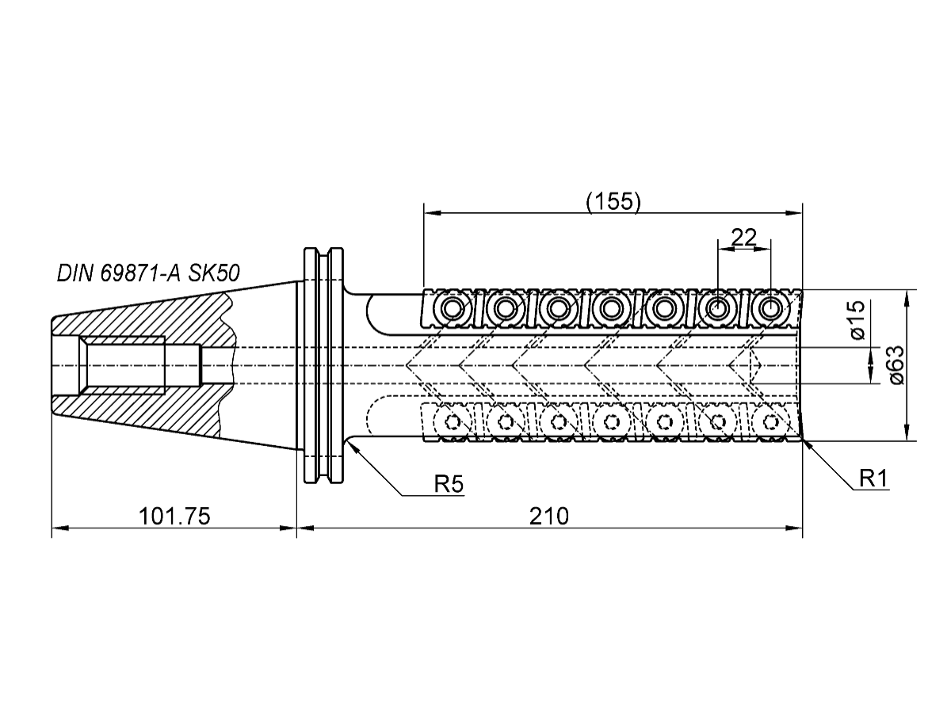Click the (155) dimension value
(x=613, y=201)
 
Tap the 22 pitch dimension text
(x=743, y=237)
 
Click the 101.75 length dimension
(x=174, y=517)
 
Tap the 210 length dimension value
(x=549, y=517)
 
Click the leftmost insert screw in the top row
(x=452, y=307)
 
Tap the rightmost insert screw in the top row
(x=770, y=307)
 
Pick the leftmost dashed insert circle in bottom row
(x=452, y=421)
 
